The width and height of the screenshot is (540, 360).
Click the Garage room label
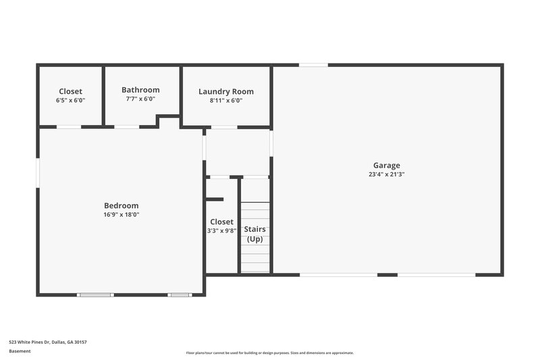pyautogui.click(x=387, y=165)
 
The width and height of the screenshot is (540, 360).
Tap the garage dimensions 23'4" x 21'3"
pyautogui.click(x=387, y=174)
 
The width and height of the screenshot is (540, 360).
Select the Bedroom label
pyautogui.click(x=122, y=205)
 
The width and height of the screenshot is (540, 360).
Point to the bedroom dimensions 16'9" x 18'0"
pyautogui.click(x=122, y=215)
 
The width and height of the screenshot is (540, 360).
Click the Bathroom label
pyautogui.click(x=140, y=90)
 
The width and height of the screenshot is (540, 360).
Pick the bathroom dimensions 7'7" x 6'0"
pyautogui.click(x=140, y=99)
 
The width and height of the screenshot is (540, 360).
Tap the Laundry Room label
pyautogui.click(x=226, y=91)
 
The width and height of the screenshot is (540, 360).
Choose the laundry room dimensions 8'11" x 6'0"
pyautogui.click(x=226, y=101)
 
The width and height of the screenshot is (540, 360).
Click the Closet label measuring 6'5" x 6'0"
pyautogui.click(x=70, y=91)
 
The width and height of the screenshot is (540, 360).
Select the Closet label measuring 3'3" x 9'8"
pyautogui.click(x=221, y=222)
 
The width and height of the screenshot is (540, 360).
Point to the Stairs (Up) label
pyautogui.click(x=254, y=234)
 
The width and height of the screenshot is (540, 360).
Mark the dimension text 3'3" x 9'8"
pyautogui.click(x=221, y=231)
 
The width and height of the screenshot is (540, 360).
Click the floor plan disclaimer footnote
pyautogui.click(x=270, y=353)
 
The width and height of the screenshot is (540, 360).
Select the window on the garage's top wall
pyautogui.click(x=313, y=65)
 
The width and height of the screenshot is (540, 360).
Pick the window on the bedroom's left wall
pyautogui.click(x=38, y=172)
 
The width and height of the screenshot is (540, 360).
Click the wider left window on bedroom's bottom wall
pyautogui.click(x=94, y=294)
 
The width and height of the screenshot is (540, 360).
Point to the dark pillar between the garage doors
pyautogui.click(x=387, y=274)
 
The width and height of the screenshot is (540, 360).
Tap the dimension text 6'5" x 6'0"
pyautogui.click(x=70, y=101)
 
